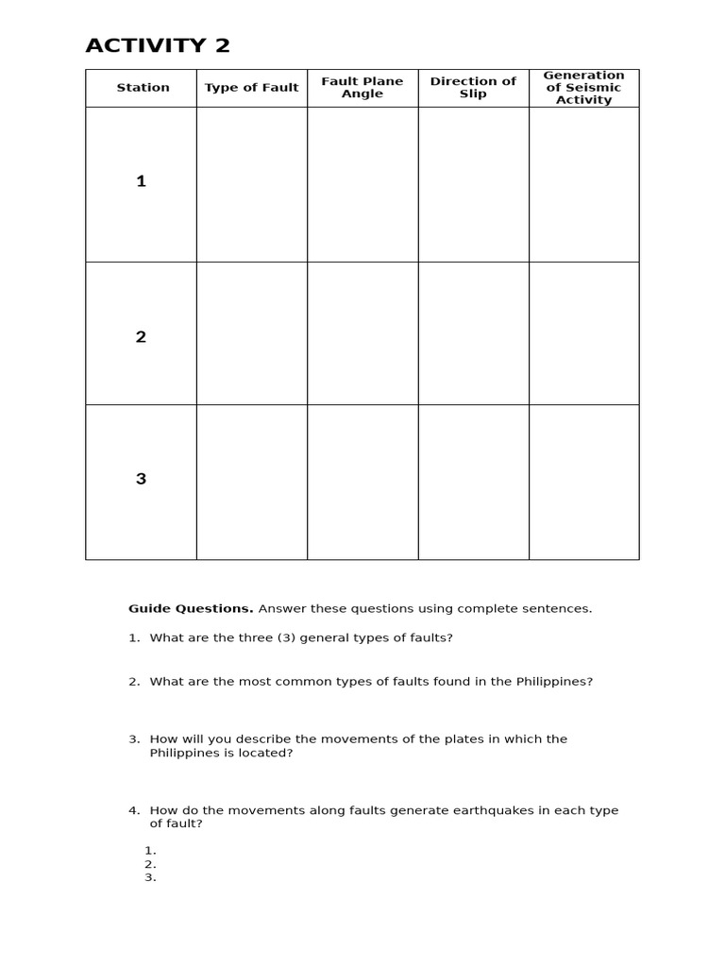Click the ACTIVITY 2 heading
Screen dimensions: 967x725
tap(158, 45)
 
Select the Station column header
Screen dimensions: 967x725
tap(143, 88)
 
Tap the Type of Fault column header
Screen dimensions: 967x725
tap(251, 88)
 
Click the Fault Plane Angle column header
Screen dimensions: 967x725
tap(362, 88)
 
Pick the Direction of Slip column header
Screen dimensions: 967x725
tap(473, 88)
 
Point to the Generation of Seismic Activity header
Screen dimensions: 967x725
tap(583, 88)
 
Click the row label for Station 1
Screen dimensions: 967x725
tap(141, 182)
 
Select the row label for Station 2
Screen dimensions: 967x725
tap(141, 337)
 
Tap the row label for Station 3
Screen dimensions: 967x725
tap(141, 479)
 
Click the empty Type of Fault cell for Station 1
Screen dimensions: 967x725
tap(251, 184)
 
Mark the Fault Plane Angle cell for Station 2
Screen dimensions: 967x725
tap(362, 333)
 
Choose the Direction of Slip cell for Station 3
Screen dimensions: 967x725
tap(473, 482)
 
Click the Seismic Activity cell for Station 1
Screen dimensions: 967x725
tap(583, 184)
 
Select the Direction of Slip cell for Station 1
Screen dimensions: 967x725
tap(473, 184)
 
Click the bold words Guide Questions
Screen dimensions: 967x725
tap(191, 609)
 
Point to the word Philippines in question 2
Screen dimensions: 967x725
tap(553, 682)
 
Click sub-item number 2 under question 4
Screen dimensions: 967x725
tap(149, 864)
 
